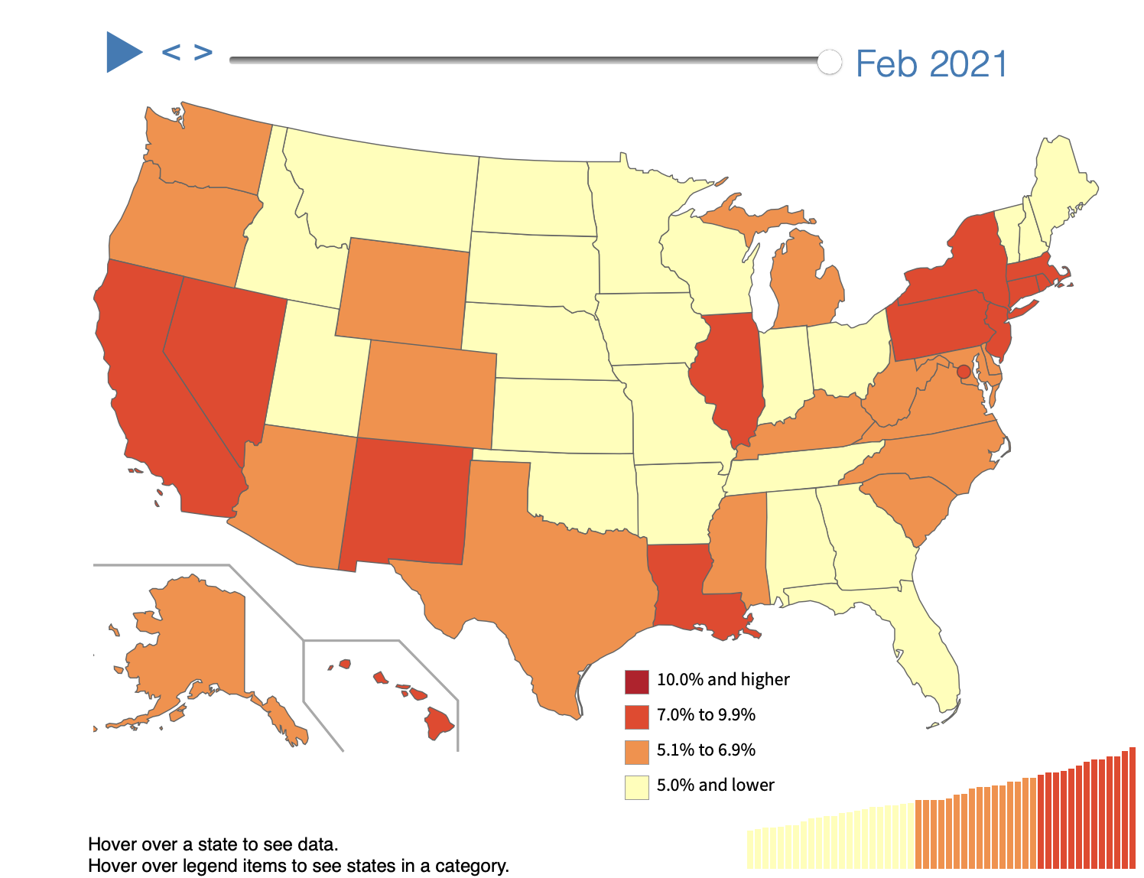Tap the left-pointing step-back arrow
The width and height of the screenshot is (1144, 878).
tap(171, 53)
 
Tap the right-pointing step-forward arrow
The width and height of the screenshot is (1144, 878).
tap(203, 53)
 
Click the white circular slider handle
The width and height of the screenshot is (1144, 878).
tap(829, 62)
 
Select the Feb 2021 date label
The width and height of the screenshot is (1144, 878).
tap(931, 63)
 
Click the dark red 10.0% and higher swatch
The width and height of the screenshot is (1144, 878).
tap(636, 681)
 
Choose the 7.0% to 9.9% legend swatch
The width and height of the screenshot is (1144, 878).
tap(636, 716)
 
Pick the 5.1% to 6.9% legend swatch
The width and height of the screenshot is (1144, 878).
tap(636, 751)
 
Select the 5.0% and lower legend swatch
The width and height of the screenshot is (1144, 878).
tap(636, 786)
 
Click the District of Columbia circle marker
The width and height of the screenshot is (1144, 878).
tap(964, 372)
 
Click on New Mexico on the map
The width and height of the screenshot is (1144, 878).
tap(405, 505)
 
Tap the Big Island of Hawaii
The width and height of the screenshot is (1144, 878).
tap(439, 724)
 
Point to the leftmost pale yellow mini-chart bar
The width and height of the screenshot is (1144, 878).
tap(751, 849)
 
